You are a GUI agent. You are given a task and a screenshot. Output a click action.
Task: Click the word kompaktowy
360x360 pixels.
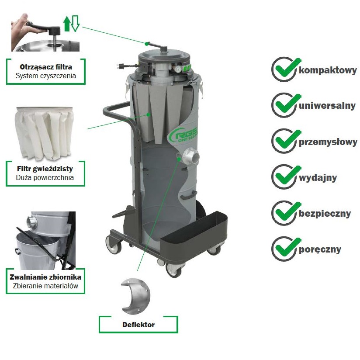[328, 70]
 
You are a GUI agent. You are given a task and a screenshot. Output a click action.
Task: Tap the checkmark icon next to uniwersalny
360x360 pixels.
[286, 105]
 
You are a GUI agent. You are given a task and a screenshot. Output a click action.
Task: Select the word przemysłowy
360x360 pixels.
[328, 142]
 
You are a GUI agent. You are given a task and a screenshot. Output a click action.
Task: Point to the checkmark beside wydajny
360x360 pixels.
[286, 177]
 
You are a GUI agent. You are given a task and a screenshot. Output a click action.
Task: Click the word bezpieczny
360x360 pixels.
[325, 214]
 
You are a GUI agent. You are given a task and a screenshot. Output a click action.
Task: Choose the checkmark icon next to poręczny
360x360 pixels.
[286, 249]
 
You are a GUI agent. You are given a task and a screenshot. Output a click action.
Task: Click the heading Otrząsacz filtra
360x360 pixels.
[46, 67]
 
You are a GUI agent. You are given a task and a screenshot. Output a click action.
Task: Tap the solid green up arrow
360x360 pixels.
[67, 24]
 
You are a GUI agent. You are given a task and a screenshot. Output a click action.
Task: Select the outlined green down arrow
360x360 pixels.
[75, 24]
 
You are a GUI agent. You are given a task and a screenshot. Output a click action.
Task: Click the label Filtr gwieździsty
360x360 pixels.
[45, 169]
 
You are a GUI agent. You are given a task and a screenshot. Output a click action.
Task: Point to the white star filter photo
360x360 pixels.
[44, 133]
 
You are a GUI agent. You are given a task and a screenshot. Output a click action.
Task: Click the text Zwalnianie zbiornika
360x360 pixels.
[45, 277]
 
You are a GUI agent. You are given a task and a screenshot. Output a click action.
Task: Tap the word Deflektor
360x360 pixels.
[138, 325]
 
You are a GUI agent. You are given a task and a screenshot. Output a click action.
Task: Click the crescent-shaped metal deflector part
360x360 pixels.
[135, 296]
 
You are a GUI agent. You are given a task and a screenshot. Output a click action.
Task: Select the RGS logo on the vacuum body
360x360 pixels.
[183, 135]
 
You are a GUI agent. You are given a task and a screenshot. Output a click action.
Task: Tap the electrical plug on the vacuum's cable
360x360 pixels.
[121, 66]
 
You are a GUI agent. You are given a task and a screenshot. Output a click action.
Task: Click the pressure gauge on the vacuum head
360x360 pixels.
[177, 69]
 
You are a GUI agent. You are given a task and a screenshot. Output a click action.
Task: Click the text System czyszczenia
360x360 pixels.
[46, 76]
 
